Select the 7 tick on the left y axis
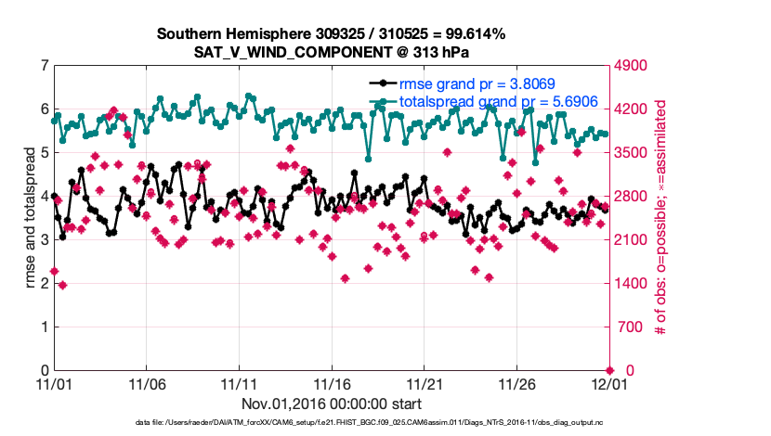[x=44, y=66]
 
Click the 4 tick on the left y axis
[x=44, y=197]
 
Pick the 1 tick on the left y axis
[x=44, y=327]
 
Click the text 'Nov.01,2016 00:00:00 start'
[x=332, y=404]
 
